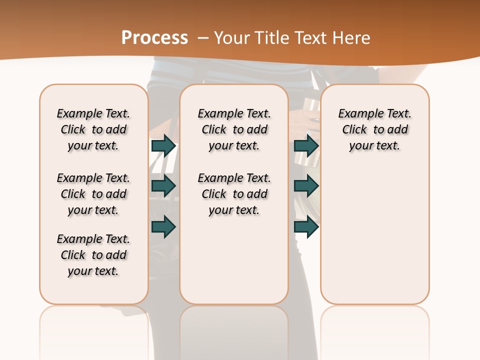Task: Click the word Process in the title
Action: click(154, 37)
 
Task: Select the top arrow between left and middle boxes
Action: click(163, 145)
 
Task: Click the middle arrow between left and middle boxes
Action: click(163, 186)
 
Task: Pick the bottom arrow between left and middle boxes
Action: click(163, 226)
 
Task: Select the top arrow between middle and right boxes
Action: click(306, 145)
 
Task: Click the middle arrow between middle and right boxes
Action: click(306, 186)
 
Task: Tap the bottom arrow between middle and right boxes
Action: click(306, 226)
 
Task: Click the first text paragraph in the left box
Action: click(93, 129)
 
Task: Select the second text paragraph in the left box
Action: click(93, 194)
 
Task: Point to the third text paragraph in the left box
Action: click(93, 255)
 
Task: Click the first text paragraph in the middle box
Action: click(234, 129)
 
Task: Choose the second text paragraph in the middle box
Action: click(234, 194)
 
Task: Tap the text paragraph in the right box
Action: click(375, 129)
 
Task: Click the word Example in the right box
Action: click(358, 114)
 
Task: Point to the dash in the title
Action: click(203, 37)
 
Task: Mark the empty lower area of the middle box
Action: click(234, 260)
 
